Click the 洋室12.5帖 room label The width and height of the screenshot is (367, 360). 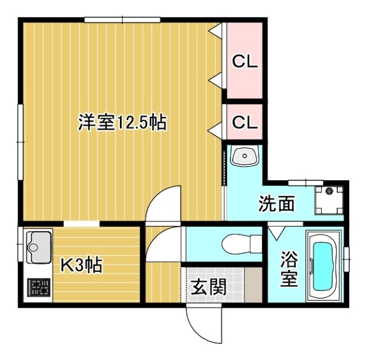coord(122,123)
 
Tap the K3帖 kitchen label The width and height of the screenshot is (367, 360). coord(81,265)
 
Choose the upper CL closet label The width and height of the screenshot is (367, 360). coord(244,61)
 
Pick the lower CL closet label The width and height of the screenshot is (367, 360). coord(244,122)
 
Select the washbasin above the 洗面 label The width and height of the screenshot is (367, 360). coord(245,156)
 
